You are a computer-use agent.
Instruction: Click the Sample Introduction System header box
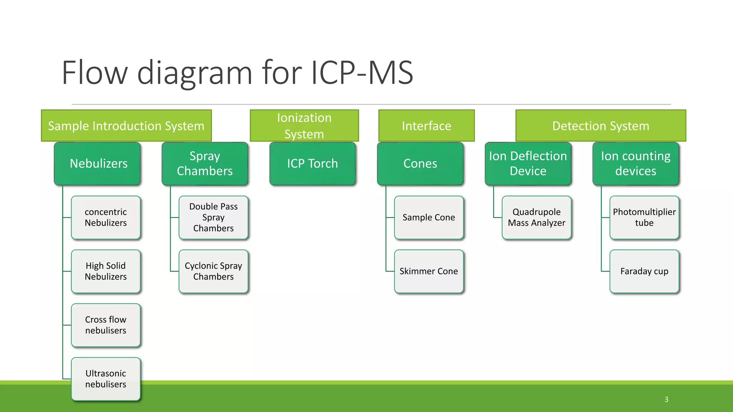126,126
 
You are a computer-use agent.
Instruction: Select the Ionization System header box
304,126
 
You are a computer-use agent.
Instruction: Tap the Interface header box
426,126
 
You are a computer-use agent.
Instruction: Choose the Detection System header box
600,126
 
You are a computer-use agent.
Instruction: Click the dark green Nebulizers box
97,163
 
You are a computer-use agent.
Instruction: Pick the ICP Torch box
312,163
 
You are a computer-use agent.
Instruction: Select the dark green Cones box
420,163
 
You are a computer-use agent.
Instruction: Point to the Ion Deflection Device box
528,163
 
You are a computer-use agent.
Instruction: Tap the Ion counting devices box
636,163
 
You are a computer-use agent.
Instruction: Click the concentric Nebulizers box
106,217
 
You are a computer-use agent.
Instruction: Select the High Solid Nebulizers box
106,271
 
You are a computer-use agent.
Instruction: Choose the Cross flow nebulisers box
106,325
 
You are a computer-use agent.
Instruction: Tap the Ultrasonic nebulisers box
106,379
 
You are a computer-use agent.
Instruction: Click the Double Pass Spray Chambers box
213,217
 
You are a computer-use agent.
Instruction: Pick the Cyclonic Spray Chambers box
213,271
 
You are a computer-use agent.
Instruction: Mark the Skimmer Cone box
428,271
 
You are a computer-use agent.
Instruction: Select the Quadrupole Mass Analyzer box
536,217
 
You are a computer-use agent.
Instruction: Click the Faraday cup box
644,271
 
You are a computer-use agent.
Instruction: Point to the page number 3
666,399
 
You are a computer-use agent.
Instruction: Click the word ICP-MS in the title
362,73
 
